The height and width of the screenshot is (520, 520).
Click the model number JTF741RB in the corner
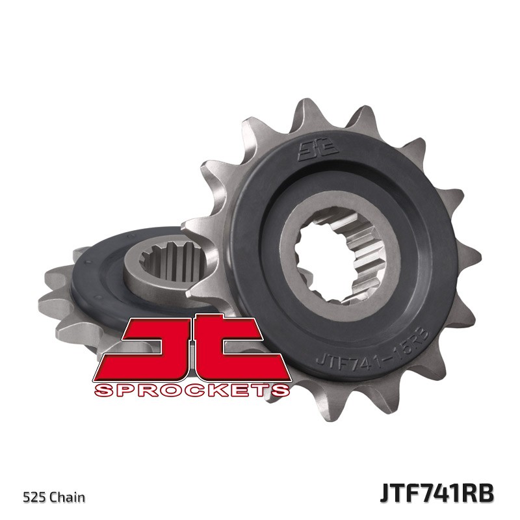pos(436,492)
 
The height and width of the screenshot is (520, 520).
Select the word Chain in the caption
pos(69,498)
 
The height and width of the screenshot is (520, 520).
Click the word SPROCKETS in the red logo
pos(191,390)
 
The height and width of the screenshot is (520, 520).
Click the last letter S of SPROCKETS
pos(281,390)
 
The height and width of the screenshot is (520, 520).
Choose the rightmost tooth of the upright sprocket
pos(471,250)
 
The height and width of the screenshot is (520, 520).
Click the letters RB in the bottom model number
pos(479,492)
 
